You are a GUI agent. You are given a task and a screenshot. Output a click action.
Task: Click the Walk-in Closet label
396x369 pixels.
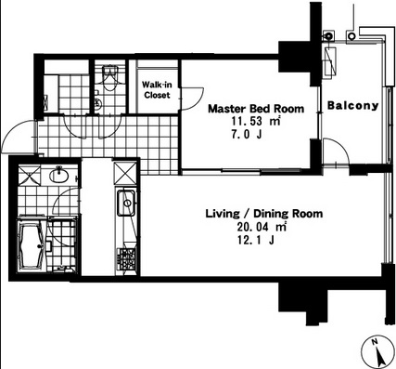157,89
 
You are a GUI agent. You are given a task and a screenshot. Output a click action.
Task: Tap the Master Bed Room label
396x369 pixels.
256,109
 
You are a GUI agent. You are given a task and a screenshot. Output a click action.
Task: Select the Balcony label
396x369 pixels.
352,106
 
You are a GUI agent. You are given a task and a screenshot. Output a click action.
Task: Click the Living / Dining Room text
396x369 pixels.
264,214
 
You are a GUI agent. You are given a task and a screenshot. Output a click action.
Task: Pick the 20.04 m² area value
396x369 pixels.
262,227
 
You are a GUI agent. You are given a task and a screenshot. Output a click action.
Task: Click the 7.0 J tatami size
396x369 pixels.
247,135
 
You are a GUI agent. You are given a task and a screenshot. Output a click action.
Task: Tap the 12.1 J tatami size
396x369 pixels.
255,240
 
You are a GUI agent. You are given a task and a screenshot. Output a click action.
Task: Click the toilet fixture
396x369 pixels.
109,77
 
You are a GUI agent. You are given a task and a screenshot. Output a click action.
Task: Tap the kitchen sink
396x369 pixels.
126,204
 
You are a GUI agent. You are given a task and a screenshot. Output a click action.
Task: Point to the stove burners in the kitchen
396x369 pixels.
127,259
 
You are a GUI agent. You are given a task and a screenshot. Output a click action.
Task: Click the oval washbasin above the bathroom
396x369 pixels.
59,175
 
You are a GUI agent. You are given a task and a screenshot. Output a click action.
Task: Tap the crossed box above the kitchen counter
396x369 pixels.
125,174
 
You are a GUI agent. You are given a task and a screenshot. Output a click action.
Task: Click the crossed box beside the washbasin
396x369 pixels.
30,176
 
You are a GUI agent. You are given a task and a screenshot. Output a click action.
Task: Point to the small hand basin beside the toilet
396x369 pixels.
98,103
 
